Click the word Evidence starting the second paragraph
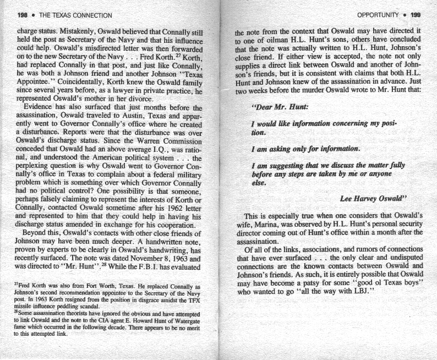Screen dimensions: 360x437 [33, 107]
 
